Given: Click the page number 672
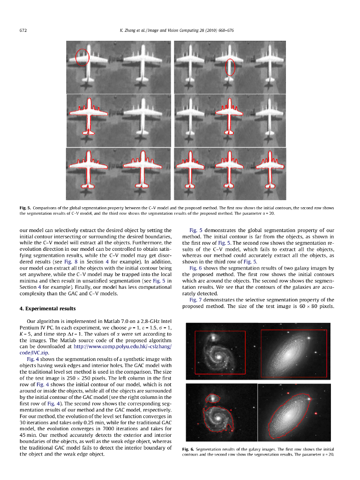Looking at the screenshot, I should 22,30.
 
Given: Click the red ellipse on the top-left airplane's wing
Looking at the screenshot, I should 82,57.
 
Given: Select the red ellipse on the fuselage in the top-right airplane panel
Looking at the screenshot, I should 230,67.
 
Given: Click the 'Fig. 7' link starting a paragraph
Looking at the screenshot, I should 196,300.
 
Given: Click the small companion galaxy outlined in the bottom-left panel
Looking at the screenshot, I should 213,398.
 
